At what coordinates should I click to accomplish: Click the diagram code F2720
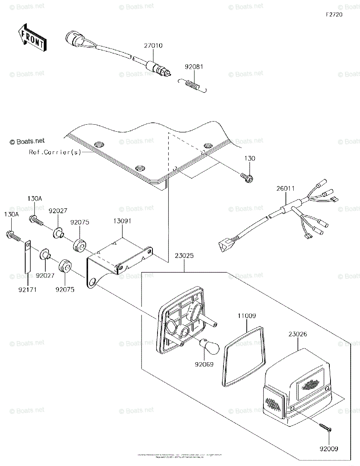click(334, 14)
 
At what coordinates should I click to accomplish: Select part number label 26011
click(286, 189)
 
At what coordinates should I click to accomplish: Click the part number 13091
click(122, 221)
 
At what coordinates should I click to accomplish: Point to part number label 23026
click(297, 334)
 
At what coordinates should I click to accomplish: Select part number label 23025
click(184, 256)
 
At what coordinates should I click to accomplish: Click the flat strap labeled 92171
click(27, 256)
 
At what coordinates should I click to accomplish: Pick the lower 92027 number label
click(45, 275)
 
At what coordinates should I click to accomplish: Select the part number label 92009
click(329, 449)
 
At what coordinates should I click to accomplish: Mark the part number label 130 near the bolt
click(250, 158)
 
